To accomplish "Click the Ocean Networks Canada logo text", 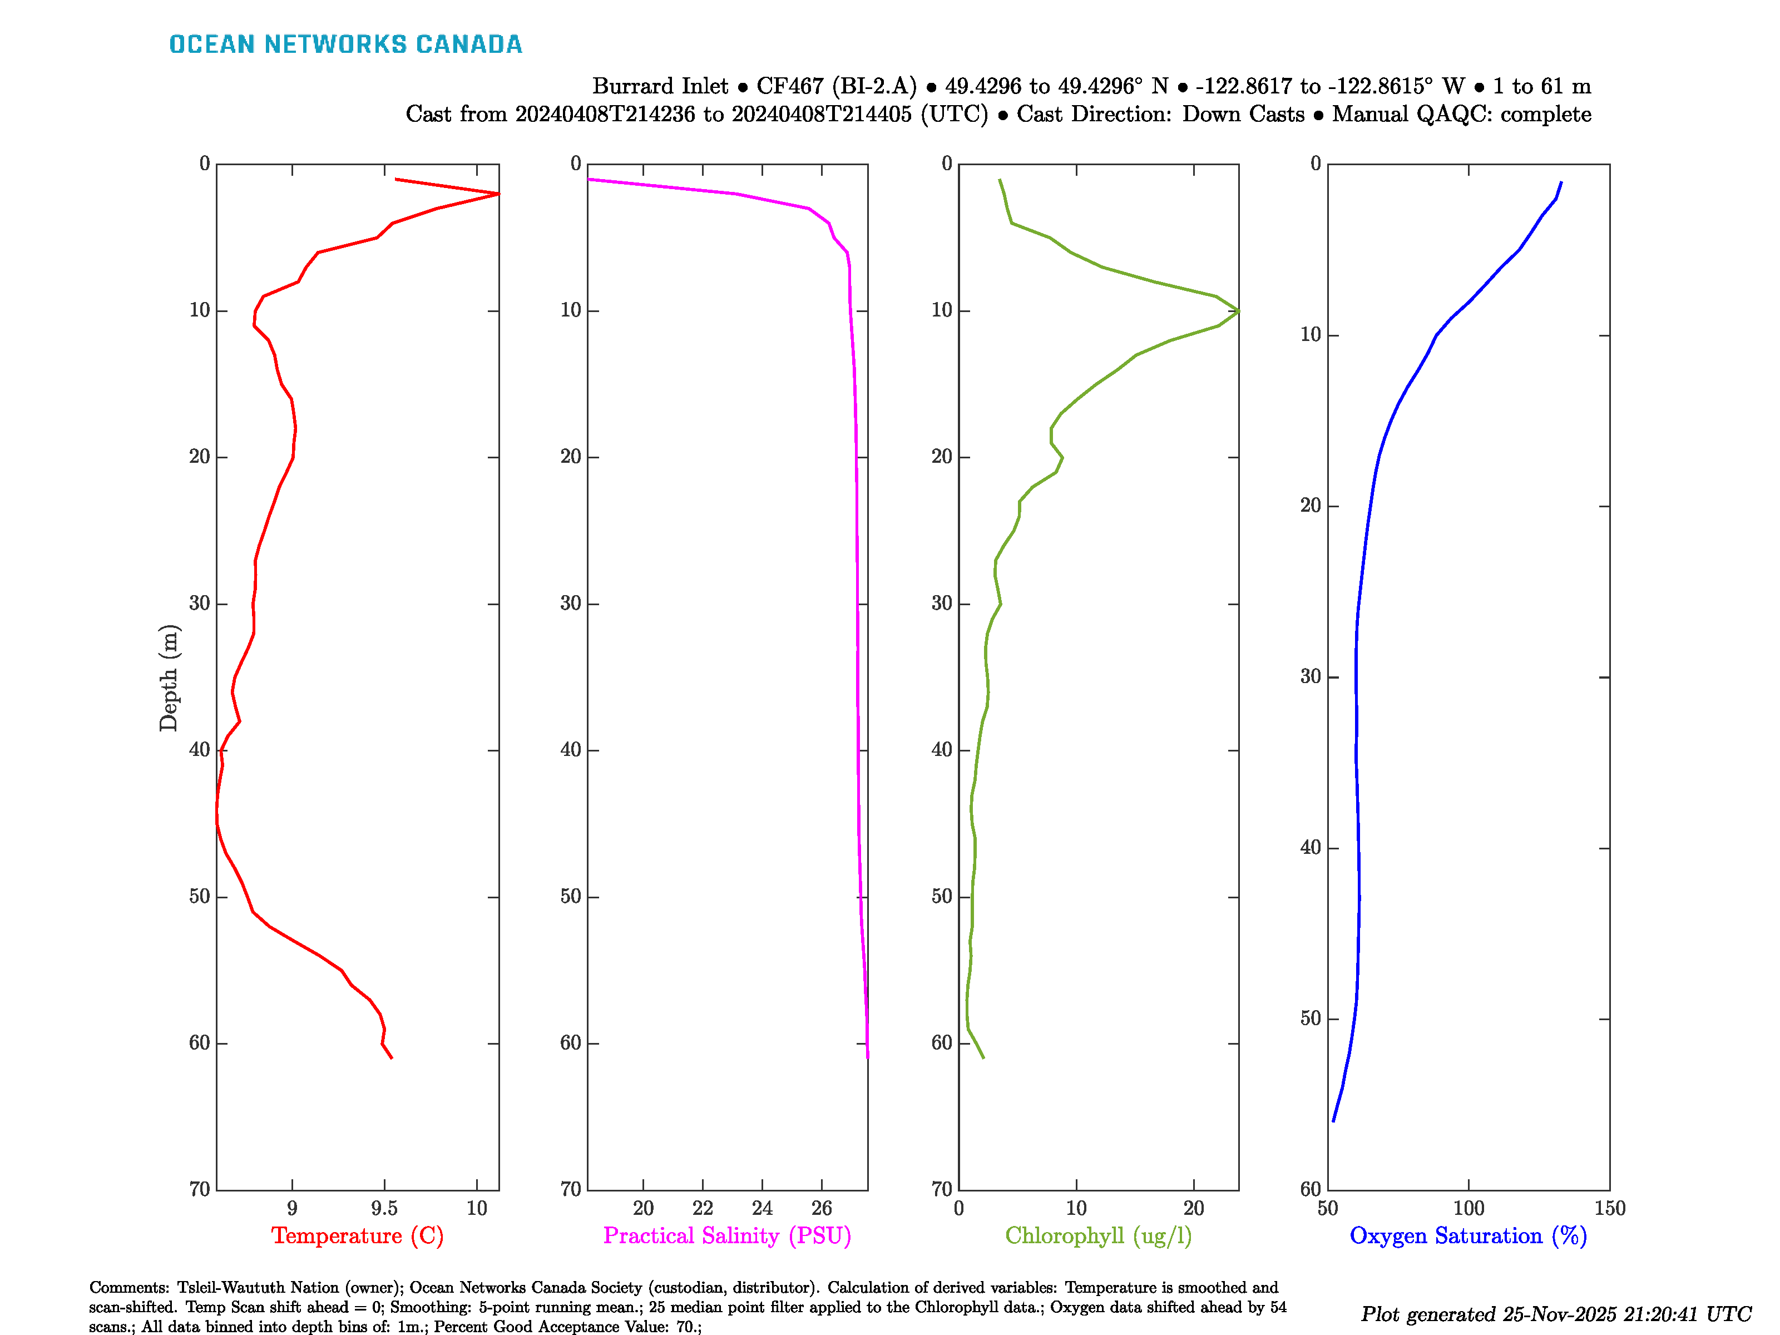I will (x=345, y=44).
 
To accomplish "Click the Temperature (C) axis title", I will (x=357, y=1236).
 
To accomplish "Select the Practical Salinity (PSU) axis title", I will (x=728, y=1236).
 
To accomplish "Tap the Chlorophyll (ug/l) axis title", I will (x=1099, y=1236).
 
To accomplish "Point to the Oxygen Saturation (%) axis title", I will (x=1468, y=1236).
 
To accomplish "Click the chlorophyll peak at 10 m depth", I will (x=1238, y=310).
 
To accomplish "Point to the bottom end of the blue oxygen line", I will (x=1333, y=1120).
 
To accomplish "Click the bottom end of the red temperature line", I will (x=392, y=1057).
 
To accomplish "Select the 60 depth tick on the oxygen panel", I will (x=1310, y=1189).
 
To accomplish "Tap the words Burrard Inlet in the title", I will (x=660, y=86).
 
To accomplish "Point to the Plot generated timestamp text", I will (x=1555, y=1314).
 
